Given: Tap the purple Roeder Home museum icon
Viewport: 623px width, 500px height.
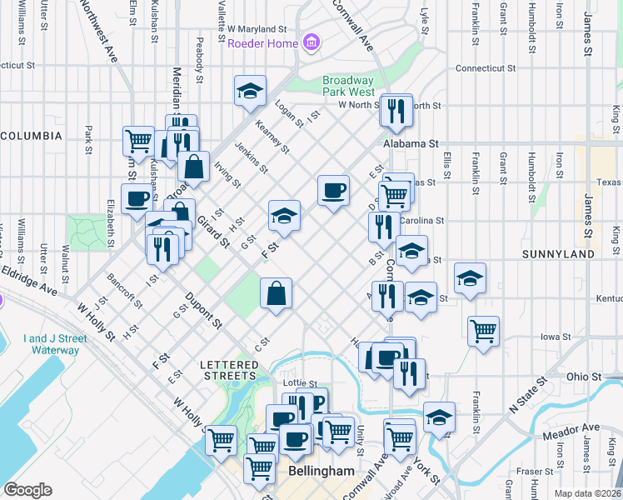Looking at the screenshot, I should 311,42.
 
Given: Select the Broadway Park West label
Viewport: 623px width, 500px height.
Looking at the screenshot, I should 348,86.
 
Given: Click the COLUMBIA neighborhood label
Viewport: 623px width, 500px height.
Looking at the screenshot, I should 31,135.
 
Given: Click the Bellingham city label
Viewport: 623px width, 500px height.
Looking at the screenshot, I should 321,471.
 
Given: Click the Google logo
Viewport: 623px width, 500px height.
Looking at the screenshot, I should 27,489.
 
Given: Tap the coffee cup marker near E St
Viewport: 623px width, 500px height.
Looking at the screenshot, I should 333,191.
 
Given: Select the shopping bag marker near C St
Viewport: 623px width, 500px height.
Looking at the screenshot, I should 277,293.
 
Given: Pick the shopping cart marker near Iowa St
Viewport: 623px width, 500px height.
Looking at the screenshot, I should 483,332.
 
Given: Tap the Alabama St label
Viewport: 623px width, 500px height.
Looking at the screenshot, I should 411,143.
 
